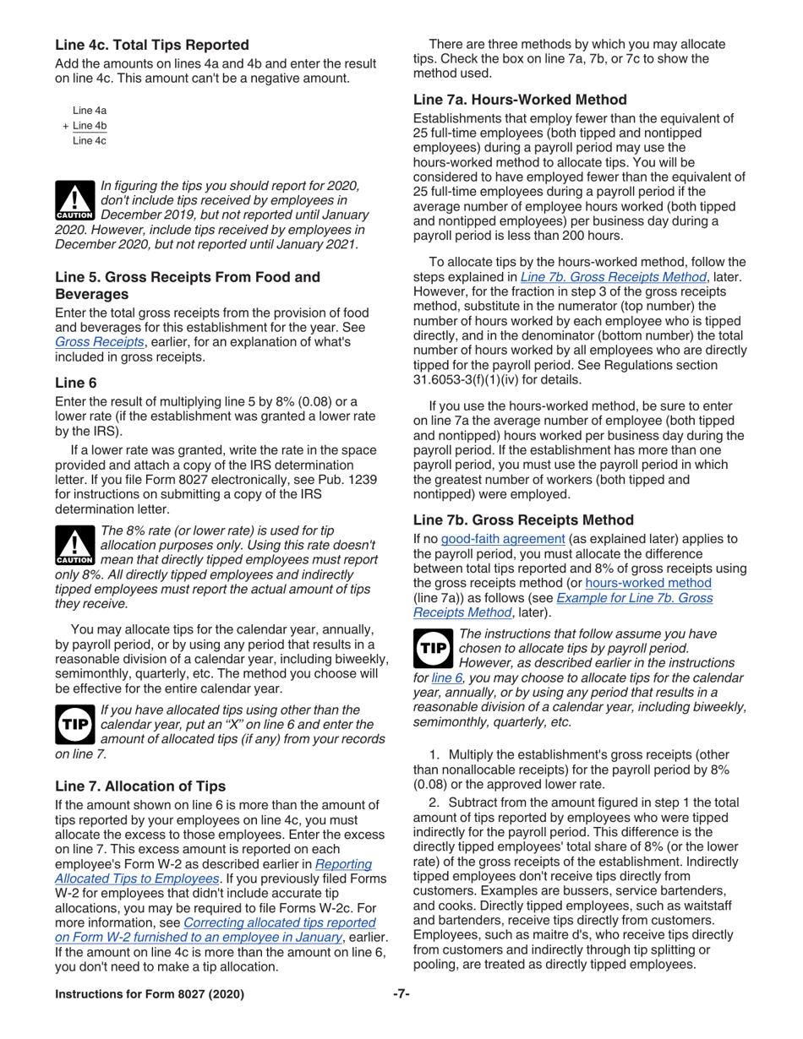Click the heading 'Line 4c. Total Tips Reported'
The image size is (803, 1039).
[152, 45]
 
